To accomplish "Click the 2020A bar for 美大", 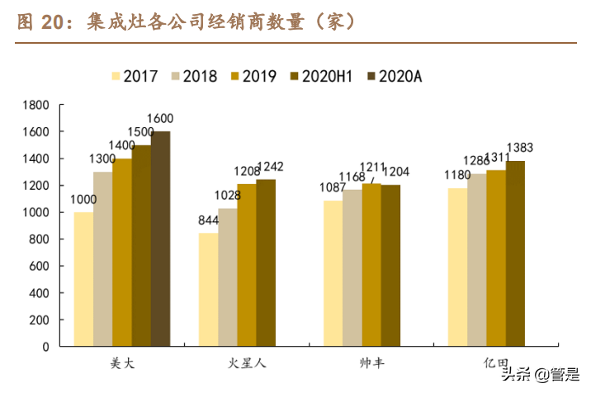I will coord(160,239).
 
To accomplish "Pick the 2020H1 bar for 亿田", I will coord(515,253).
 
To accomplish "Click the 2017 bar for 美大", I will coord(83,279).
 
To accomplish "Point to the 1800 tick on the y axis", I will coord(38,105).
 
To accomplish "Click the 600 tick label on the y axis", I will coord(41,266).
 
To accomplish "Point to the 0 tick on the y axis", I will coord(47,347).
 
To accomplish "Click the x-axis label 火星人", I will coord(247,363).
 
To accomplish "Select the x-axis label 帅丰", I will coord(371,363).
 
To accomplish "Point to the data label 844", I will coord(208,220).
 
